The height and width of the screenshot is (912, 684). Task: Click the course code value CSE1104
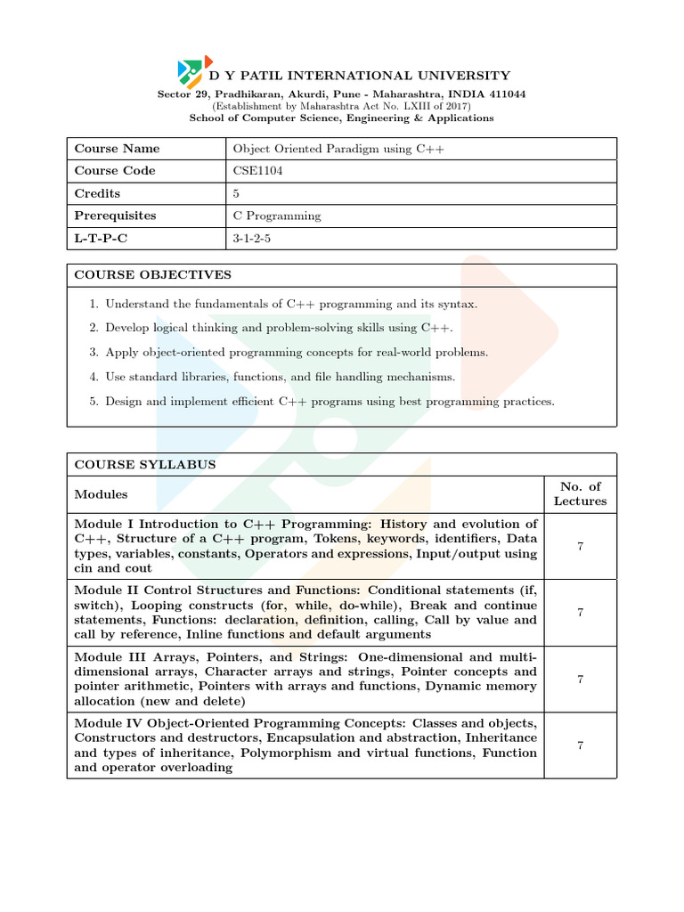click(x=258, y=171)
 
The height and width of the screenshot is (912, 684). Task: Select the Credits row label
click(x=97, y=193)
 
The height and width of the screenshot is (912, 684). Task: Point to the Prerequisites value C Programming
click(x=277, y=216)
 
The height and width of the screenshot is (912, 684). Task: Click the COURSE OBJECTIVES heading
click(x=152, y=275)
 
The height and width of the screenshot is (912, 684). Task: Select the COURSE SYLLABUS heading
click(x=144, y=465)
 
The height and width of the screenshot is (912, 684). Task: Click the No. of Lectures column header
click(x=580, y=493)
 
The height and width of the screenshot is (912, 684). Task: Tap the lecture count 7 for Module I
click(x=580, y=546)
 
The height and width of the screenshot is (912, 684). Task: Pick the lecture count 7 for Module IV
click(x=580, y=745)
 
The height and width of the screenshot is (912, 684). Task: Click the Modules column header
click(x=101, y=494)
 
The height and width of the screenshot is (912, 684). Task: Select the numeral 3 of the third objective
click(x=94, y=353)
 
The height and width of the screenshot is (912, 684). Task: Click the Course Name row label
click(x=117, y=149)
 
